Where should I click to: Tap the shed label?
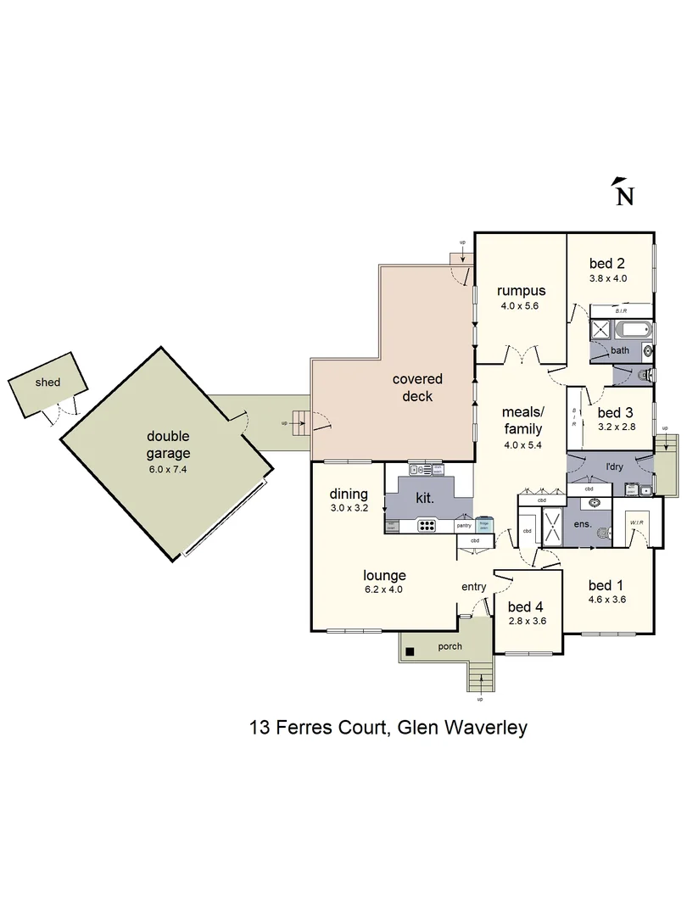[x=47, y=383]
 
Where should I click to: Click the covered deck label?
[x=416, y=388]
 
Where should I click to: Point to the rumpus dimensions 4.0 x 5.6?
[x=520, y=307]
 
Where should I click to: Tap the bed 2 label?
[x=607, y=263]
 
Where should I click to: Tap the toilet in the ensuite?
[x=604, y=533]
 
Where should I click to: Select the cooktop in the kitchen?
[x=426, y=525]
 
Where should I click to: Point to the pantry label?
[x=464, y=526]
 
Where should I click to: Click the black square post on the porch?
[x=410, y=651]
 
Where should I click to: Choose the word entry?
[x=473, y=587]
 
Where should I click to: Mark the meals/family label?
[x=522, y=421]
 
